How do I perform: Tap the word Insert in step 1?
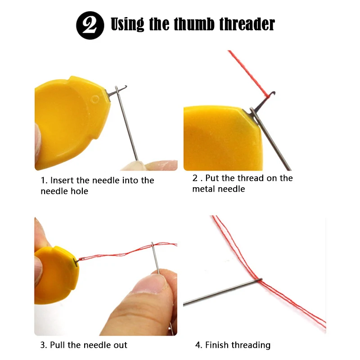tap(62, 180)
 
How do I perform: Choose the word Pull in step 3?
tap(58, 345)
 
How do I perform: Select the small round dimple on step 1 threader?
tap(96, 98)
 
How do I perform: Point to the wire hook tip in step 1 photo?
tap(117, 88)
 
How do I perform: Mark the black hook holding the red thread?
tap(270, 96)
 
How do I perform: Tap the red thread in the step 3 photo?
tap(117, 252)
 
